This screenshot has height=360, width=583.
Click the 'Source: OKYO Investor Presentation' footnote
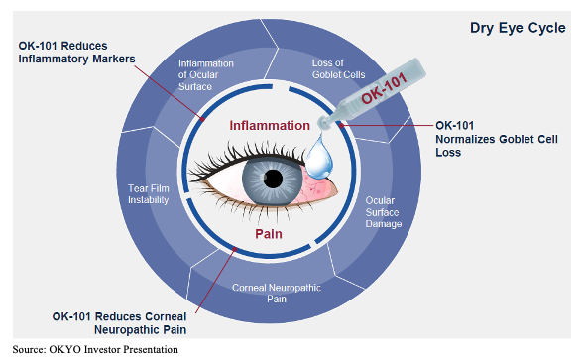click(94, 349)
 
